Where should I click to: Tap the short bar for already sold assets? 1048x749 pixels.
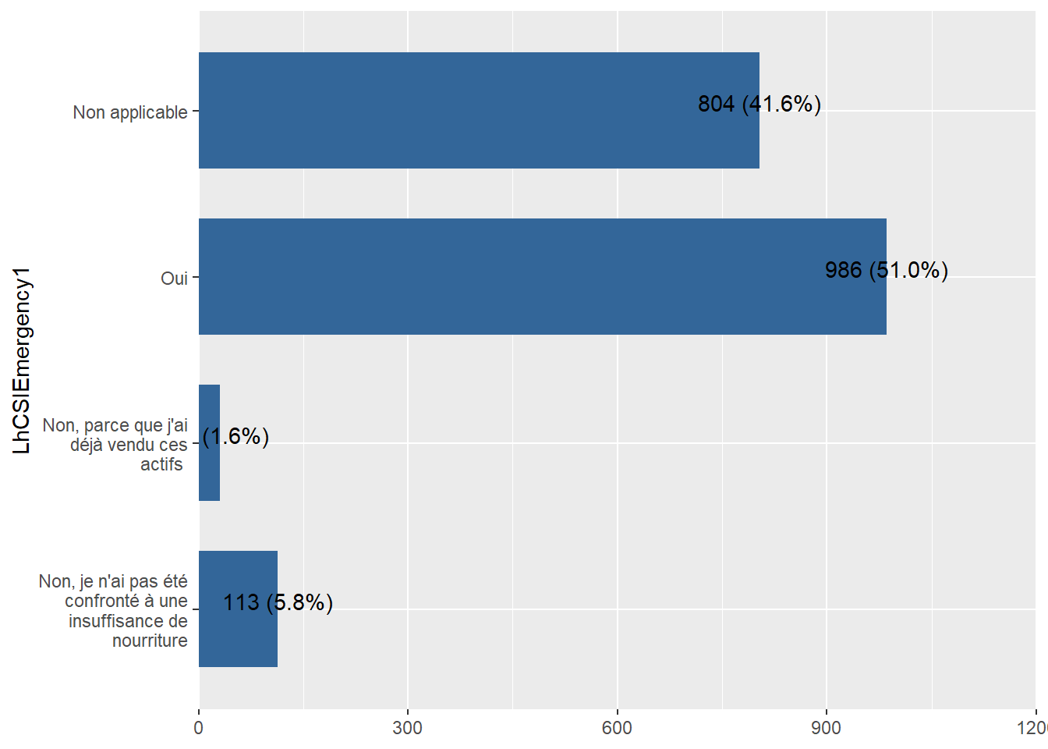(209, 442)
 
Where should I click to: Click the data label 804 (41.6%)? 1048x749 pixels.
(759, 104)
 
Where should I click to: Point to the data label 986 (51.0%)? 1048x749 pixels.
(886, 270)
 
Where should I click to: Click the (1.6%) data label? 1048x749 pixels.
(236, 436)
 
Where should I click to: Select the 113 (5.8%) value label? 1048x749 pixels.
(278, 602)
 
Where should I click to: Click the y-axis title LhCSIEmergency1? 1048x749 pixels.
(22, 360)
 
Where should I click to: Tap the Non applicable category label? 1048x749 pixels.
(130, 112)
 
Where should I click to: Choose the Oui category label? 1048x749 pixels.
(174, 279)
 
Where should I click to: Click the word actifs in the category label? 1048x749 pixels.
(161, 464)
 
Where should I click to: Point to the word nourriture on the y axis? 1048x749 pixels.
(150, 641)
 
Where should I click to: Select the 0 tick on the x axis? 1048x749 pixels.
(199, 728)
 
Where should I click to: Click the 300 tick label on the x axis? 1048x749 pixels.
(408, 728)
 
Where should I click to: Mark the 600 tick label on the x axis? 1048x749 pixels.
(617, 728)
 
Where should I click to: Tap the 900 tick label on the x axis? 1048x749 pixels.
(826, 728)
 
